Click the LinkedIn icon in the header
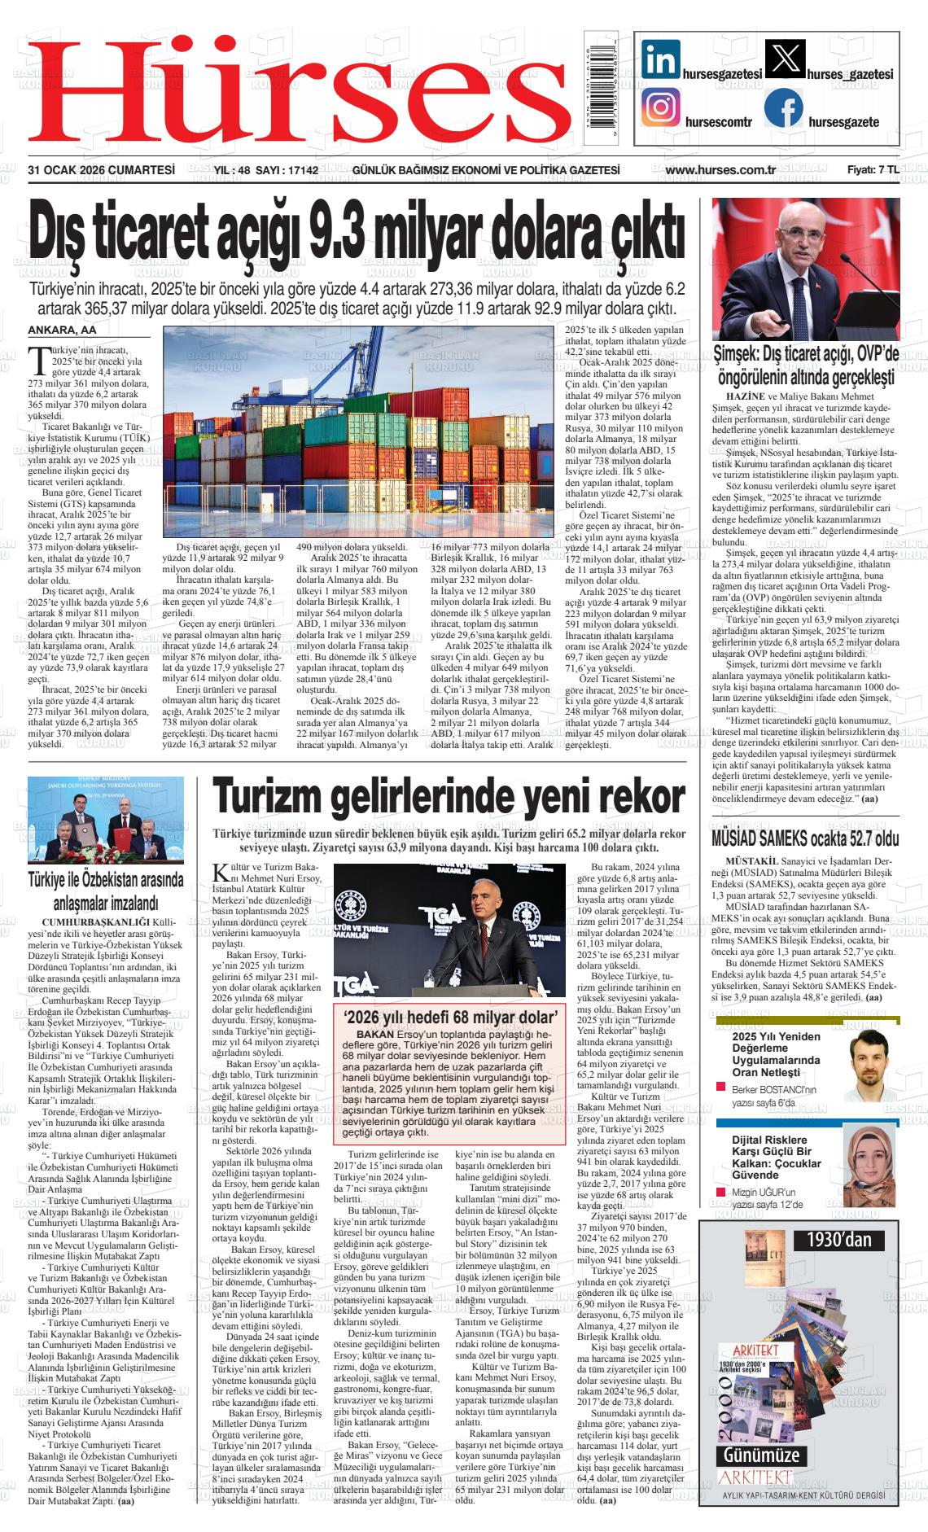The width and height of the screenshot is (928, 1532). (x=660, y=60)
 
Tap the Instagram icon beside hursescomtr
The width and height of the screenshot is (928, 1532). (x=660, y=107)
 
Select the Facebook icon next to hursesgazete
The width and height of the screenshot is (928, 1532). (x=783, y=107)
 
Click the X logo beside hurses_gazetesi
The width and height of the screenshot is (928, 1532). (x=785, y=60)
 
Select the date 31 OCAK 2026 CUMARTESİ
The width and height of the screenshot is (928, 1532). (x=102, y=170)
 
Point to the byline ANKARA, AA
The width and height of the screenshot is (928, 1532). (x=62, y=330)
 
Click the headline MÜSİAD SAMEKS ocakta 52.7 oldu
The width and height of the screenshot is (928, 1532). (x=804, y=838)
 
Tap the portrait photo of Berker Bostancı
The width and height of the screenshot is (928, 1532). (x=872, y=1063)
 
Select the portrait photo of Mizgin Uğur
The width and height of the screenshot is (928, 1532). (x=872, y=1158)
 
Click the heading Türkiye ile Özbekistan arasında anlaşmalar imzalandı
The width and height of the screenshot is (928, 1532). (x=106, y=891)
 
